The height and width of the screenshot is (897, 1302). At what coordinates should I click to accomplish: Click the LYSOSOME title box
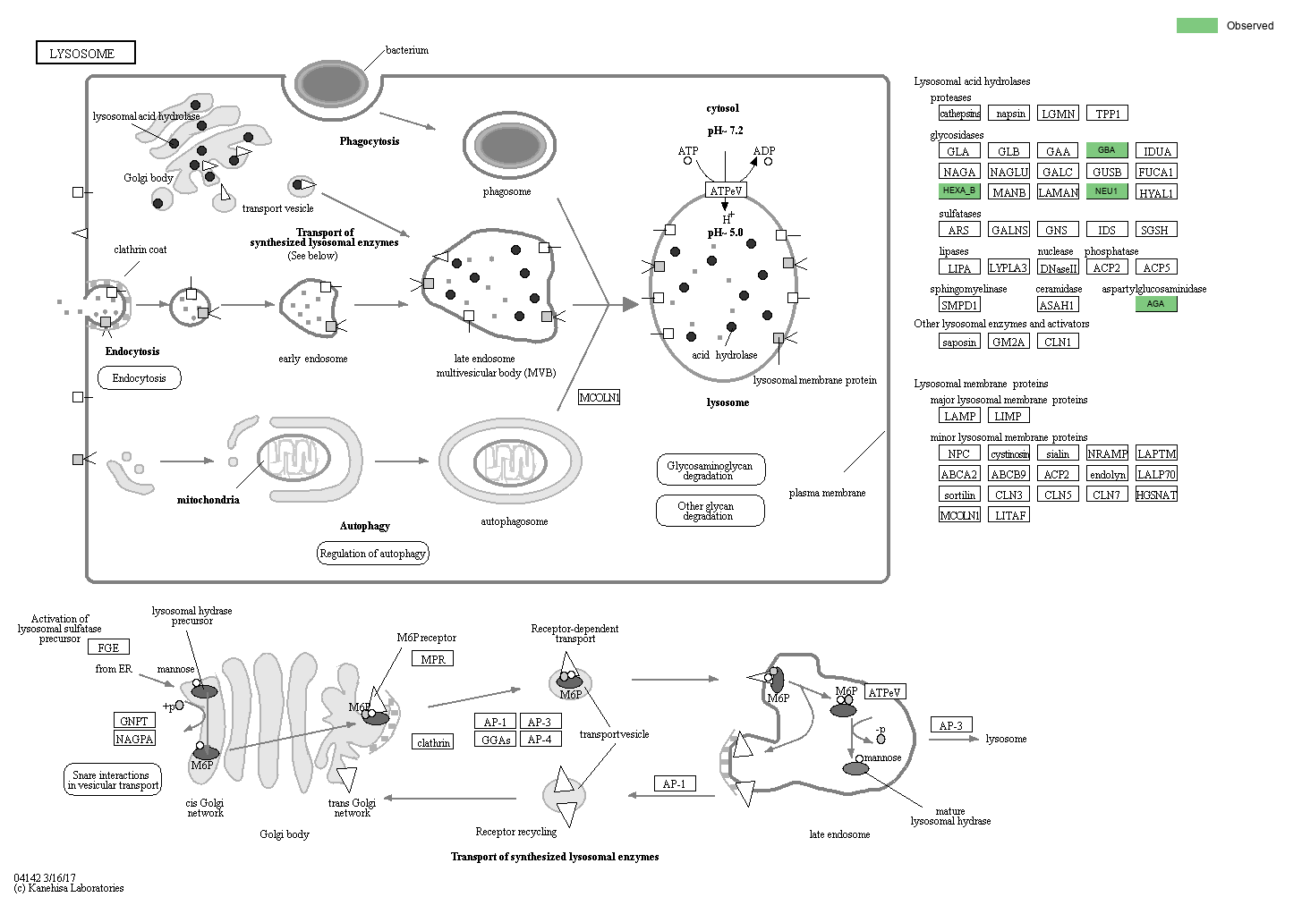point(85,53)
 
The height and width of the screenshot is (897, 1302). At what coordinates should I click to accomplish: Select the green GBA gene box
point(1106,150)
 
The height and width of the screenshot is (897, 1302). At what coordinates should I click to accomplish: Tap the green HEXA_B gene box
point(959,190)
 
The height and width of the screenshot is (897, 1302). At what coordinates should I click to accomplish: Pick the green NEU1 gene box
point(1106,190)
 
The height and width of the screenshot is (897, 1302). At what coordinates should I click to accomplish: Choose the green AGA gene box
point(1156,303)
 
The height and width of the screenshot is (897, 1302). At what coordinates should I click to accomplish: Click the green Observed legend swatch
point(1196,25)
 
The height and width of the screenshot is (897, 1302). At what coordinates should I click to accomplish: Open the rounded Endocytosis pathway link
point(139,378)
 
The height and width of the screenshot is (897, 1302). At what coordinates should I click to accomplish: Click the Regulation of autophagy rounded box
point(372,554)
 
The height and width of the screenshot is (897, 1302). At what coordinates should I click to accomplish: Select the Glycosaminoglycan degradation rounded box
point(710,470)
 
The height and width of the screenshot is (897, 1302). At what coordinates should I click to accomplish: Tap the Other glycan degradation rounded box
point(710,512)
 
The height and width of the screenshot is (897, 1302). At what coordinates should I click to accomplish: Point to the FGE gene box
point(108,647)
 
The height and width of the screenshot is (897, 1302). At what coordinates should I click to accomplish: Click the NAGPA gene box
point(134,739)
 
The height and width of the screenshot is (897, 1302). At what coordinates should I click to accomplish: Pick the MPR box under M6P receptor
point(432,659)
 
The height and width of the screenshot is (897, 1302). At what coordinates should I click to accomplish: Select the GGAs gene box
point(496,740)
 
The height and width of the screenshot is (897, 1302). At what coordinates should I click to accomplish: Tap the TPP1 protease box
point(1107,114)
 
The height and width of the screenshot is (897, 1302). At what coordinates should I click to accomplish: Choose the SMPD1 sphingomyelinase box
point(958,305)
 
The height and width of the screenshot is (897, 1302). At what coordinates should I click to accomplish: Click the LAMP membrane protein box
point(959,416)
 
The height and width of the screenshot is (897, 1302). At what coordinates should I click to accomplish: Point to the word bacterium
point(406,50)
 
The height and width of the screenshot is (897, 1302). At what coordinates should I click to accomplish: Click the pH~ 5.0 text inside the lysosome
point(725,233)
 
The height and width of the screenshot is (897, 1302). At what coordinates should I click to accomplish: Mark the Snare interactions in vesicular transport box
point(113,780)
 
